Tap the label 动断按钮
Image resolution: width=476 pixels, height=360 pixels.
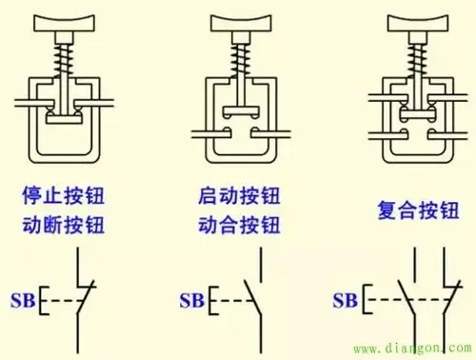tap(65, 227)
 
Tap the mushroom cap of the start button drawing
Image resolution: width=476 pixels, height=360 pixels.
tap(239, 22)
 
